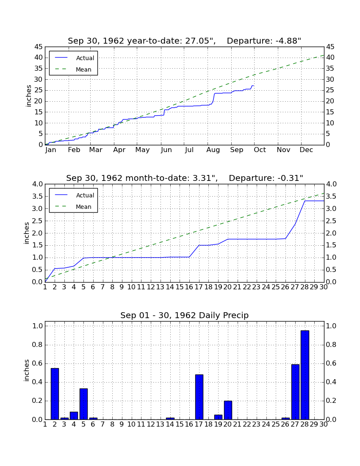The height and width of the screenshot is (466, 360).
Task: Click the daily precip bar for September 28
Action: (x=305, y=375)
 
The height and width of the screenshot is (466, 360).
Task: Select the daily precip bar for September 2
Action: (x=55, y=394)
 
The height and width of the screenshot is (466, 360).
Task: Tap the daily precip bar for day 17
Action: (x=199, y=397)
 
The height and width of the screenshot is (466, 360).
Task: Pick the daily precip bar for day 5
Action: (x=83, y=404)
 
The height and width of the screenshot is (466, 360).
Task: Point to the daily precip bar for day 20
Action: (x=228, y=410)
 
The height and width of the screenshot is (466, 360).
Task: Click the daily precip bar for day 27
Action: (x=295, y=392)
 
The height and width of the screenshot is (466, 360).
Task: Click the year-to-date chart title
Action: (x=185, y=41)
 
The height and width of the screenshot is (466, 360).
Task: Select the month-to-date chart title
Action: (x=185, y=178)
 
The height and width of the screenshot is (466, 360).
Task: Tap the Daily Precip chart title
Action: (x=185, y=315)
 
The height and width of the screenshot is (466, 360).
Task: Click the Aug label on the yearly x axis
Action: (x=213, y=150)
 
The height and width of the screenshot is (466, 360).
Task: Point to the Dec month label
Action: (x=306, y=150)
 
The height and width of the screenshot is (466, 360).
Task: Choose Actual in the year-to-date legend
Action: (x=85, y=58)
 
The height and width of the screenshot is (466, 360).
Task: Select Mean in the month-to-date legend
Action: (x=83, y=207)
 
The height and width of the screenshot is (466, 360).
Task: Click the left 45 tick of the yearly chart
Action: (x=39, y=47)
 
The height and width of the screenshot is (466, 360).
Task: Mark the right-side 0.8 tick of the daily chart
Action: (x=331, y=345)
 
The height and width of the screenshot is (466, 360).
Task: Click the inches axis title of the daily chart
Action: (x=27, y=370)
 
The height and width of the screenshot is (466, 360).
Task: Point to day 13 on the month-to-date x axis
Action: (x=161, y=287)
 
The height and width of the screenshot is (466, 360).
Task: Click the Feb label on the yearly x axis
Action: (x=74, y=150)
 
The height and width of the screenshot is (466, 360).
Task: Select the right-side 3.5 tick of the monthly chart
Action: (x=331, y=197)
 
